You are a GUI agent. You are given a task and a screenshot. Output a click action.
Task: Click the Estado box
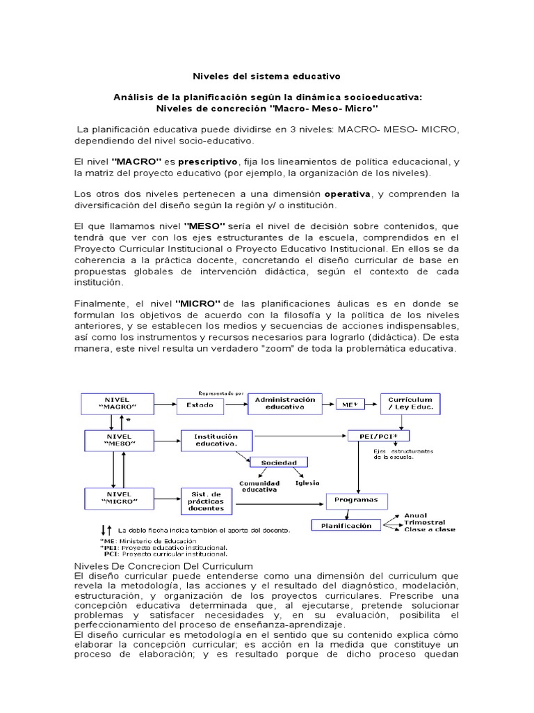click(204, 404)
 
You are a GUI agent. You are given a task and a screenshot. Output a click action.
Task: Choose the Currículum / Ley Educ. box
click(410, 403)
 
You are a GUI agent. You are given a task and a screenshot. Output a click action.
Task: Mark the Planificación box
click(346, 526)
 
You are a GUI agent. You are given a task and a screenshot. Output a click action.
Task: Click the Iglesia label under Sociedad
click(307, 482)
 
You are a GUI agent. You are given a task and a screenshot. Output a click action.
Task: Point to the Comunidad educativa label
click(259, 485)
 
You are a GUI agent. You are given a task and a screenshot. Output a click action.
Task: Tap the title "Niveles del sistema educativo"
click(266, 75)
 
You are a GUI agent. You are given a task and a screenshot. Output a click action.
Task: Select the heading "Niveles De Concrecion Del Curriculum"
click(163, 566)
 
